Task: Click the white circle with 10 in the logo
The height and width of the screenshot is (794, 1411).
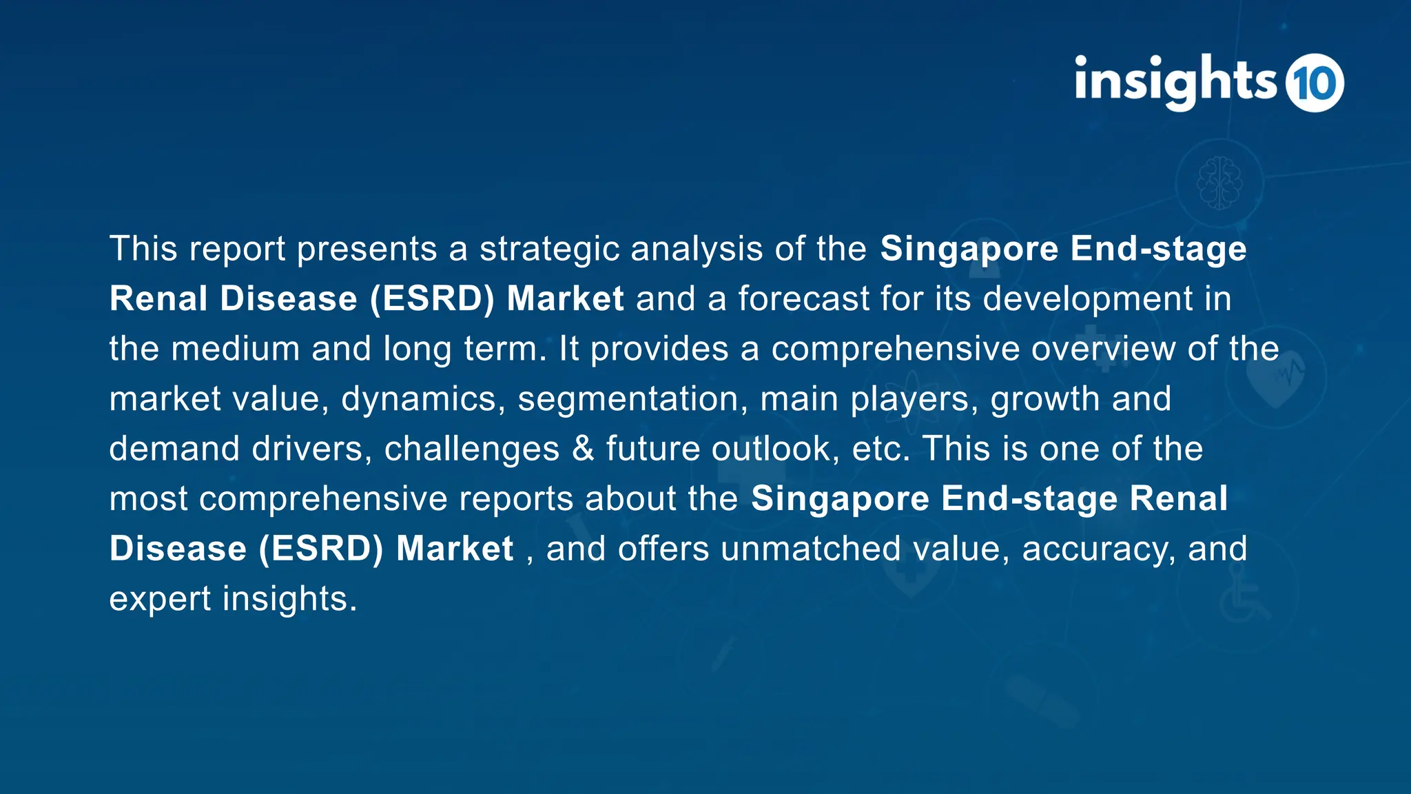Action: click(x=1315, y=83)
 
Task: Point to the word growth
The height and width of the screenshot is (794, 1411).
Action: click(x=1045, y=399)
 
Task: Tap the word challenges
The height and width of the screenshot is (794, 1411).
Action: click(x=472, y=449)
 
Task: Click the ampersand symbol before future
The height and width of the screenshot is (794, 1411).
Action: click(x=583, y=449)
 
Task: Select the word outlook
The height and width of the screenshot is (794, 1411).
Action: click(x=776, y=449)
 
